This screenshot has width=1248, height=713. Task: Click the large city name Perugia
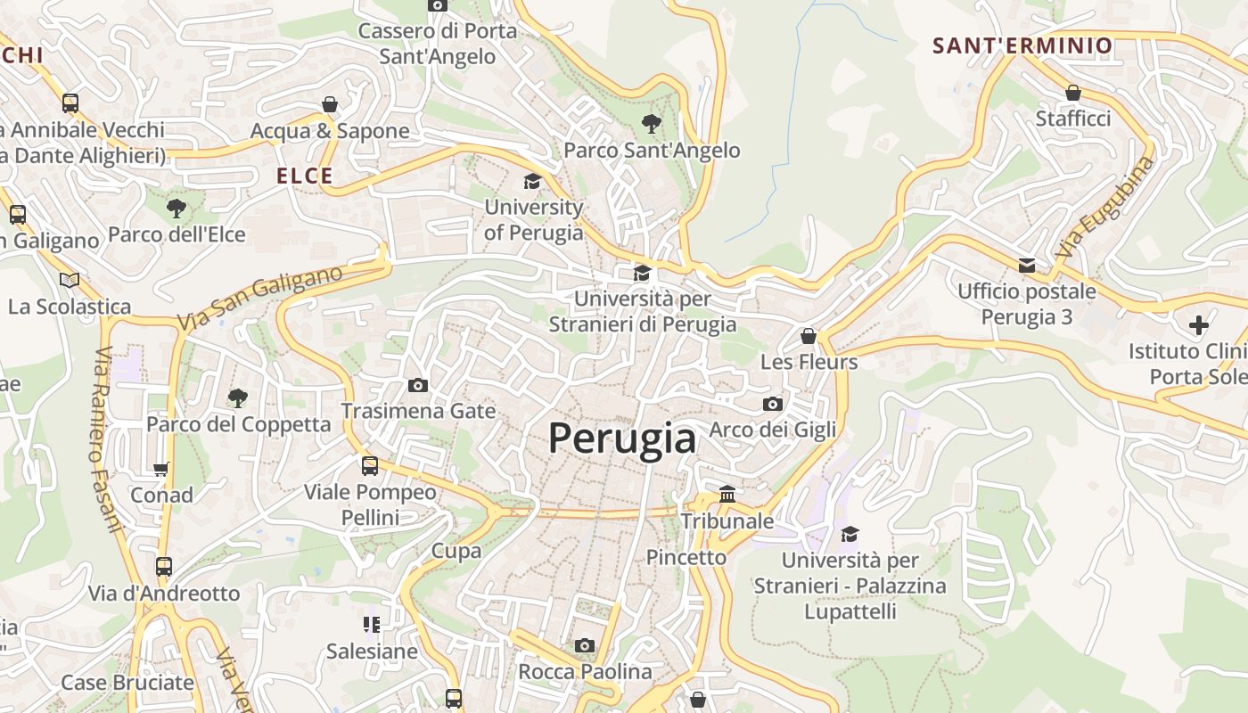pyautogui.click(x=621, y=438)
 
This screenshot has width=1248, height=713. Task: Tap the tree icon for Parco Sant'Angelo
pyautogui.click(x=652, y=124)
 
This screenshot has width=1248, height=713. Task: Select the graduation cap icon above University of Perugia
pyautogui.click(x=532, y=182)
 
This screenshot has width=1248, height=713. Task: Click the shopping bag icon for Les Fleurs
pyautogui.click(x=809, y=336)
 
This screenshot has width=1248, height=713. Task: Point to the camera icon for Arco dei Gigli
pyautogui.click(x=773, y=404)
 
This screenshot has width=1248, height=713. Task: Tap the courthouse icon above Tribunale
pyautogui.click(x=727, y=494)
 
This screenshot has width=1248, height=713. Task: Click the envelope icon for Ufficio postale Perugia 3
pyautogui.click(x=1027, y=265)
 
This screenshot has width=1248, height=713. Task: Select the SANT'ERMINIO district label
pyautogui.click(x=1022, y=45)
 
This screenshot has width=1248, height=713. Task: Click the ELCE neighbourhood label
pyautogui.click(x=305, y=176)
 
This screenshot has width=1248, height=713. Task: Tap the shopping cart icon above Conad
pyautogui.click(x=161, y=469)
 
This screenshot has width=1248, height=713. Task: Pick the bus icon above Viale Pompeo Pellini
pyautogui.click(x=370, y=465)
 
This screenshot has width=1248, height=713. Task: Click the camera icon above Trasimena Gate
pyautogui.click(x=417, y=385)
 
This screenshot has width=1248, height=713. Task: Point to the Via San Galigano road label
pyautogui.click(x=259, y=299)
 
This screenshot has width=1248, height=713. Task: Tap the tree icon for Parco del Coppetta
pyautogui.click(x=237, y=397)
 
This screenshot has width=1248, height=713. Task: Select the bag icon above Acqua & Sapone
pyautogui.click(x=330, y=104)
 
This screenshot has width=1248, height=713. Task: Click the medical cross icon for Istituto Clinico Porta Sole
pyautogui.click(x=1199, y=324)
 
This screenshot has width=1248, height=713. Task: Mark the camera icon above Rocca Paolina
pyautogui.click(x=585, y=645)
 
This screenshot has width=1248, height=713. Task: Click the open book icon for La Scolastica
pyautogui.click(x=70, y=280)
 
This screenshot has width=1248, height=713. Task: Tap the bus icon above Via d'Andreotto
pyautogui.click(x=164, y=567)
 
